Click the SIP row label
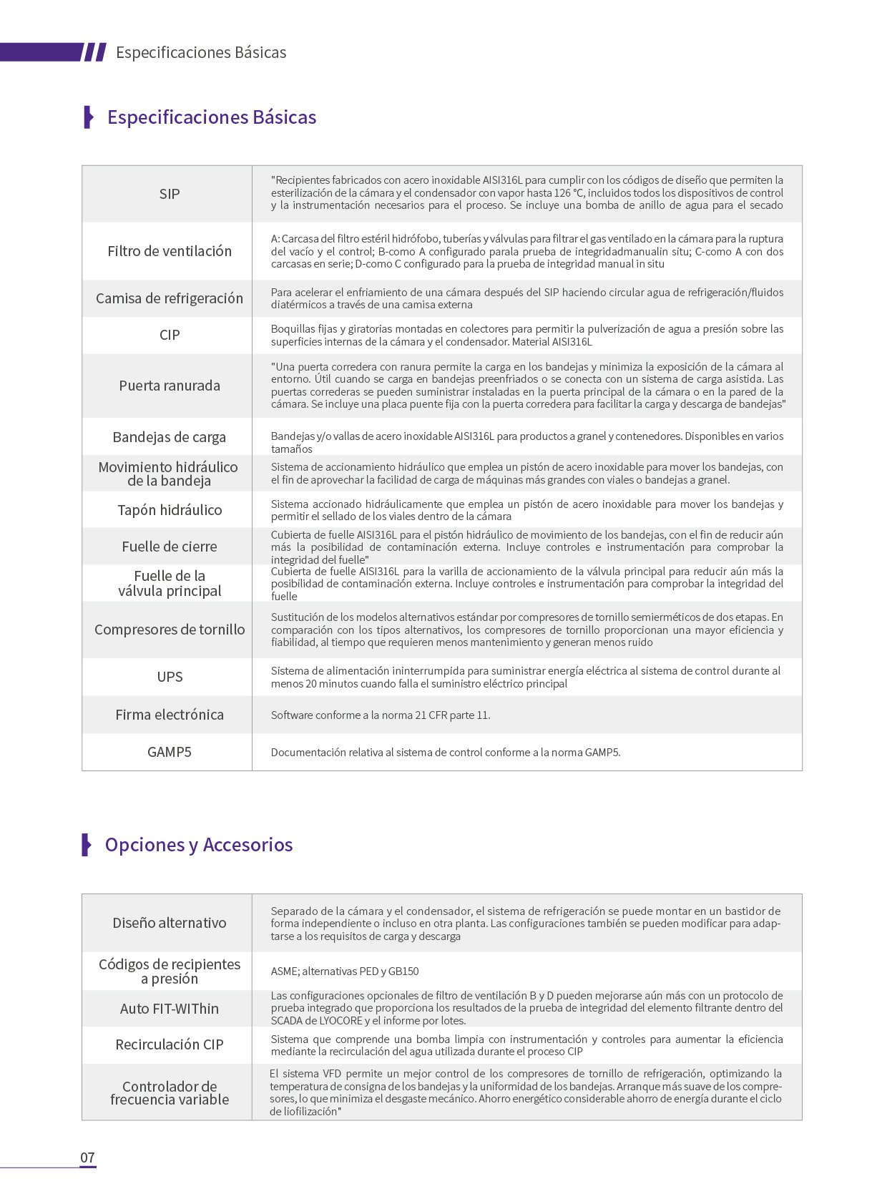[170, 194]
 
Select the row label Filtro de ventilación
[170, 251]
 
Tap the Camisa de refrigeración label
[170, 298]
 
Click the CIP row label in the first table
[170, 335]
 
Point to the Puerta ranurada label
[170, 386]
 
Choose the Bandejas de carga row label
[170, 437]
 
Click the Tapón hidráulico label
[170, 510]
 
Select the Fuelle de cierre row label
[170, 547]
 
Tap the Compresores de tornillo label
[170, 630]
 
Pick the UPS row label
[170, 677]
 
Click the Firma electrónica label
[170, 715]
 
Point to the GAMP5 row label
[170, 752]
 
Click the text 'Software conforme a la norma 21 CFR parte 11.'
[381, 715]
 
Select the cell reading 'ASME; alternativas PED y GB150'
[345, 971]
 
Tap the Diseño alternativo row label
[170, 923]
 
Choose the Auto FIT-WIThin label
[170, 1009]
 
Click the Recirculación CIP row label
[170, 1044]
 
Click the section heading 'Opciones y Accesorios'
[199, 845]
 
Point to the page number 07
[87, 1157]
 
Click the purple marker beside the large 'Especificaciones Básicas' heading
[89, 117]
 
